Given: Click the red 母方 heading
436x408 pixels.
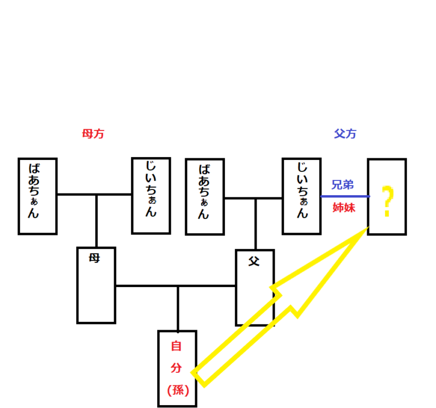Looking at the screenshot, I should point(93,134).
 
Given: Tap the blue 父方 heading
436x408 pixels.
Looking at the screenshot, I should point(345,134).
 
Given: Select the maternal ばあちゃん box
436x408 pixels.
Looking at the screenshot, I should point(37,196).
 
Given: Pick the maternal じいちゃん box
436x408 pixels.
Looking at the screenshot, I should point(151,195).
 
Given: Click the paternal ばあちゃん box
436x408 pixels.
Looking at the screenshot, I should point(205,196).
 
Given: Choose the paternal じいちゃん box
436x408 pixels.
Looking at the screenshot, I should point(301,196).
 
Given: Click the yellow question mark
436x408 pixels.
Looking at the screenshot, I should point(387,201).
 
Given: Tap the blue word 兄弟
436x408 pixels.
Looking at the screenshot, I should point(343,185).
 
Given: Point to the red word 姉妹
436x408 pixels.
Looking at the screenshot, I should point(343,207).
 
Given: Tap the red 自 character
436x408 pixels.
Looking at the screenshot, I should point(177,346).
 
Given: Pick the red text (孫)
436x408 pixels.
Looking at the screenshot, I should point(177,390).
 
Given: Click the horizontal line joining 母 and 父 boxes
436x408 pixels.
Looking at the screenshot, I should point(148,286).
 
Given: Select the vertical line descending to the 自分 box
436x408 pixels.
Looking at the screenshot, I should point(178,309).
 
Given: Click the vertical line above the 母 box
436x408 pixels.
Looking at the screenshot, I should point(97,221).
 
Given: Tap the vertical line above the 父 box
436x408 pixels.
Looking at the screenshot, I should point(255,224).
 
